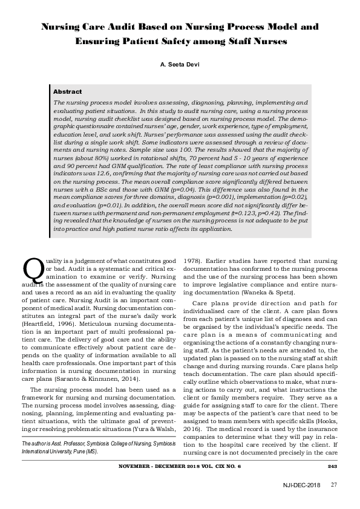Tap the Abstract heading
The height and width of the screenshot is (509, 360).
click(68, 91)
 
